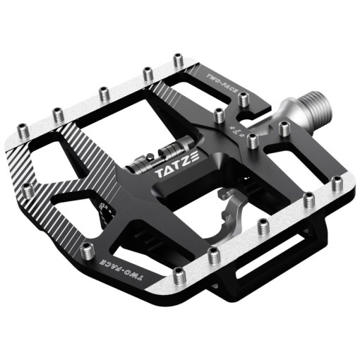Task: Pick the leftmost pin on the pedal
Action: pyautogui.click(x=26, y=189)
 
